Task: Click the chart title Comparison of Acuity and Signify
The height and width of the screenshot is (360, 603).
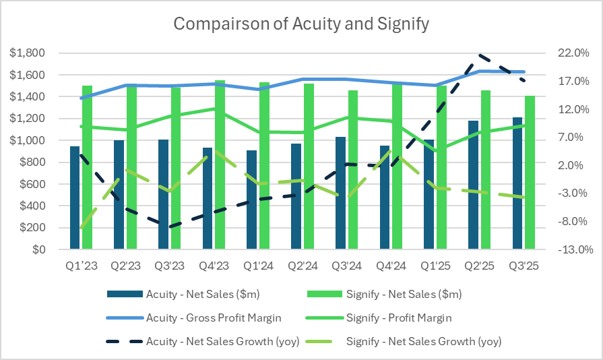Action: point(301,24)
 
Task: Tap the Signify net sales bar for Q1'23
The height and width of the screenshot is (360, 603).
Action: point(87,167)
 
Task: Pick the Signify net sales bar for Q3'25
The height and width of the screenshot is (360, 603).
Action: point(530,173)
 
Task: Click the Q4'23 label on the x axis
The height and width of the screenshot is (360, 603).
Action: point(214,266)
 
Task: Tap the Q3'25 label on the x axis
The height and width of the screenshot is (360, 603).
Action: point(524,266)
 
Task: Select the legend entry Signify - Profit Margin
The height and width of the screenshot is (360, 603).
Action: point(398,318)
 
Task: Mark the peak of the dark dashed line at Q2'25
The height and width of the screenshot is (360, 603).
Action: point(479,55)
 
